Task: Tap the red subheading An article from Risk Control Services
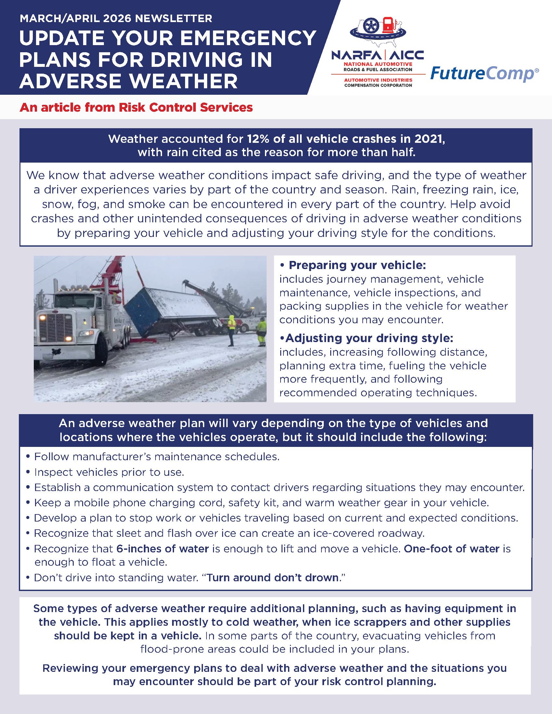pos(136,107)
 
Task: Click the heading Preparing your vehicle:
pos(357,265)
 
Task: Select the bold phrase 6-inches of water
pos(163,548)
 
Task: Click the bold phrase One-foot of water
pos(452,548)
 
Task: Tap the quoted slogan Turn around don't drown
pos(272,578)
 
